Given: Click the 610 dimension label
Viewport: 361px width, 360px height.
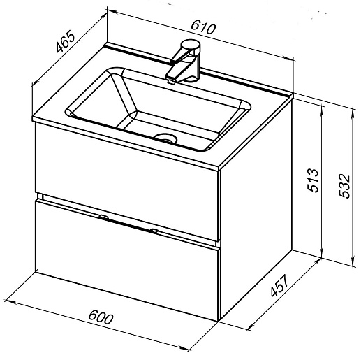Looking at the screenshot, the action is point(203,27).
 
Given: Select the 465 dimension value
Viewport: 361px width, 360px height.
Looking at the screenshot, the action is point(66,42).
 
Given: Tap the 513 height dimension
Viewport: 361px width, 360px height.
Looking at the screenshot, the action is point(312,180).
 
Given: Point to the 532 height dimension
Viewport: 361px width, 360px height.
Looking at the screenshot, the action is point(344,186).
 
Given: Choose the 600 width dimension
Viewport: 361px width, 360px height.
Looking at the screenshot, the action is point(101,317).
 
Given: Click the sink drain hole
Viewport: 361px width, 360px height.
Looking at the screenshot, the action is point(166,138).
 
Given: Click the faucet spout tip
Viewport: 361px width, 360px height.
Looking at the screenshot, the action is point(171,80).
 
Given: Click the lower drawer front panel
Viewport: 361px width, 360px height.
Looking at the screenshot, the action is point(127,260).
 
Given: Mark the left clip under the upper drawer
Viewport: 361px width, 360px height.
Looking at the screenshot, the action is point(103,217).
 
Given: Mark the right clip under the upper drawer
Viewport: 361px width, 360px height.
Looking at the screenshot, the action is point(154,231).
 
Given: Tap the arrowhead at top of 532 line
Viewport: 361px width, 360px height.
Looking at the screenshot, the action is point(353,113).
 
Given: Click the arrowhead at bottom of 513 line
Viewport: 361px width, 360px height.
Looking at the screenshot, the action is point(322,254).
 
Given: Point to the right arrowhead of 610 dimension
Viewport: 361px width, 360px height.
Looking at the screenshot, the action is point(288,59).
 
